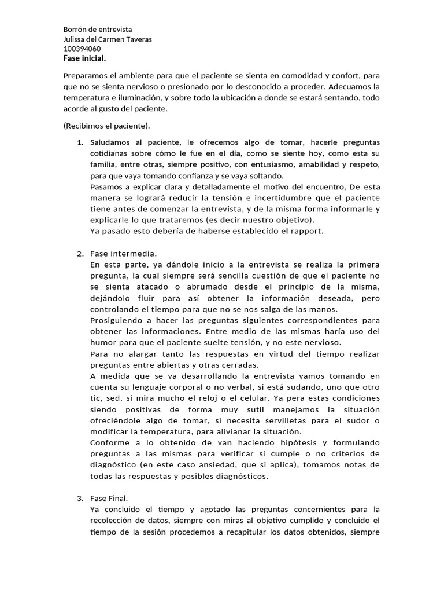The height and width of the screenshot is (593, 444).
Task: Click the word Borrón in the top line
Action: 74,29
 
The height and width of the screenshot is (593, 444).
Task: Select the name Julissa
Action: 75,39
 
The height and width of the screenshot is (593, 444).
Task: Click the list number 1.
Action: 80,142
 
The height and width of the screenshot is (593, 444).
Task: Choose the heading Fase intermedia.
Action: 124,253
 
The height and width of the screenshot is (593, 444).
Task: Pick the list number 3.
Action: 80,498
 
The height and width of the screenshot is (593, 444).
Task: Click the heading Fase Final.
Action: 109,498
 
